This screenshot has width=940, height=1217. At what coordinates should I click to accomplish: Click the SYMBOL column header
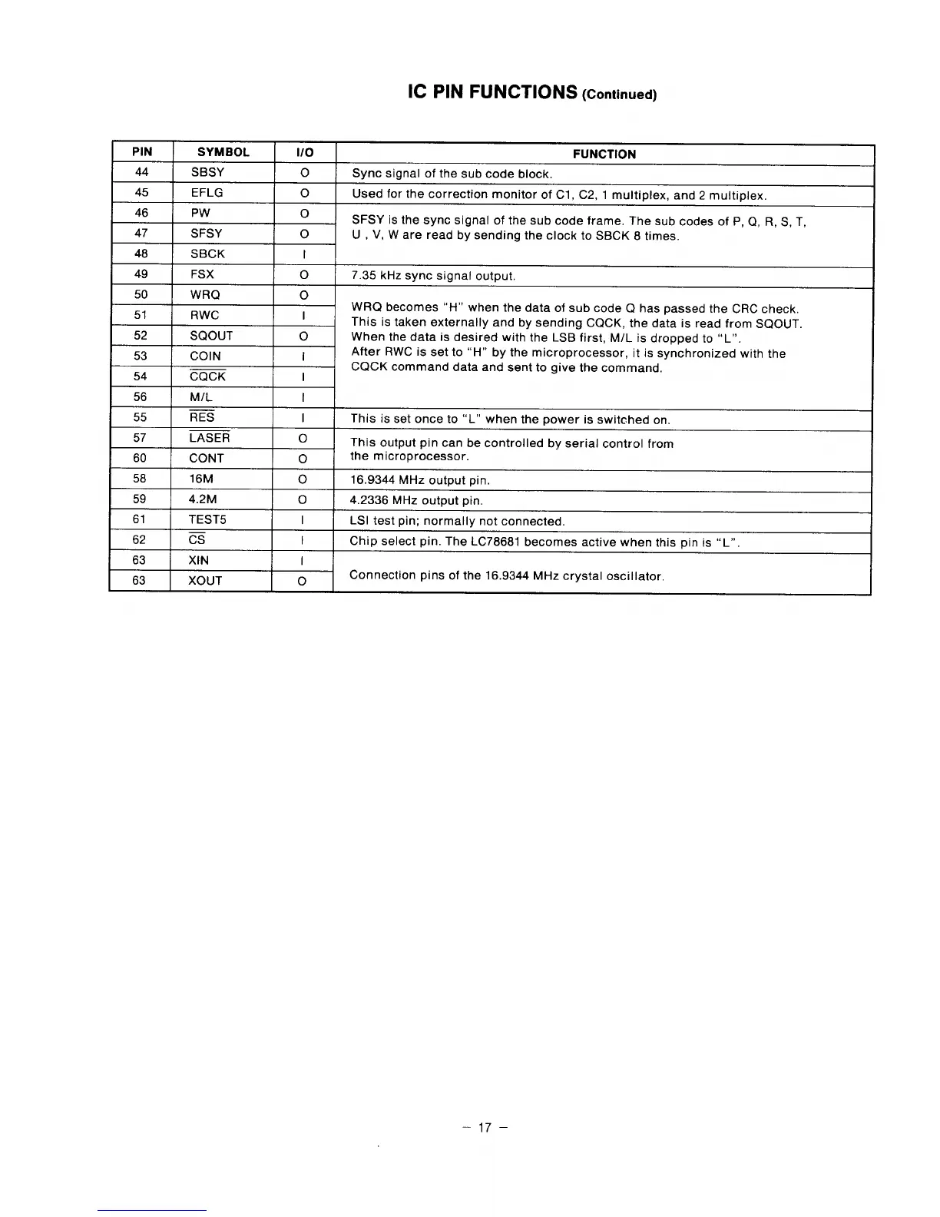[x=223, y=152]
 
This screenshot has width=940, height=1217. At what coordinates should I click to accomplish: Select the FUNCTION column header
[x=604, y=154]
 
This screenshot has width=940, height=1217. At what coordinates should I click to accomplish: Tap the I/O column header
[x=304, y=152]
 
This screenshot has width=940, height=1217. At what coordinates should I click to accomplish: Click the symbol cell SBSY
[x=207, y=172]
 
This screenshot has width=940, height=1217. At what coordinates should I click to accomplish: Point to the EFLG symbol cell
[x=207, y=193]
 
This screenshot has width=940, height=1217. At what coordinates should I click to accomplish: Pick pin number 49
[x=141, y=274]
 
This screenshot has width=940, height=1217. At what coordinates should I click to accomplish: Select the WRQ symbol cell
[x=205, y=294]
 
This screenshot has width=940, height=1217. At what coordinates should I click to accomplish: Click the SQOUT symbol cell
[x=211, y=335]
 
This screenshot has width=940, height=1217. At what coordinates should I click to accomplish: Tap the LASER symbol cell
[x=209, y=438]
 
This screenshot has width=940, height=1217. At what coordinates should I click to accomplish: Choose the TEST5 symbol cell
[x=207, y=519]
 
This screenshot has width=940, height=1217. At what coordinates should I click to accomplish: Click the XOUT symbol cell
[x=205, y=581]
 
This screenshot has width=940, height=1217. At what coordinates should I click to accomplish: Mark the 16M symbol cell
[x=201, y=479]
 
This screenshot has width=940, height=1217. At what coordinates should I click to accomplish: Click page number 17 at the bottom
[x=483, y=1128]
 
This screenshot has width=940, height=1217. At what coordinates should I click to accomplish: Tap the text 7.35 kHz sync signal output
[x=433, y=276]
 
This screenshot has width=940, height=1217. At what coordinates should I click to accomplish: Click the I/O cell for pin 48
[x=304, y=254]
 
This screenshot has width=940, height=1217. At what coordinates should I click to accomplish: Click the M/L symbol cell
[x=200, y=396]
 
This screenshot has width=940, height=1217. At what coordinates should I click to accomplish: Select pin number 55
[x=140, y=417]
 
